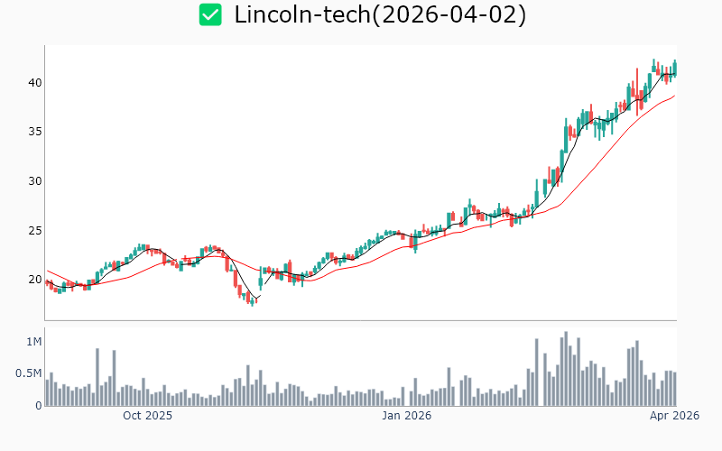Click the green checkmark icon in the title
pos(210,14)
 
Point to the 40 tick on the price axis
pos(35,83)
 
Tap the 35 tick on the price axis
pos(35,132)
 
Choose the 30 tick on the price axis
pos(35,181)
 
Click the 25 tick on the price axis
pos(35,230)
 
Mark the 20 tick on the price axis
pos(35,280)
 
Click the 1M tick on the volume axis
pos(34,342)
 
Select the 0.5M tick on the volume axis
pos(29,373)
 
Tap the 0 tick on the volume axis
pos(39,406)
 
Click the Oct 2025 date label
pos(147,416)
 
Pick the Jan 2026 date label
pos(406,416)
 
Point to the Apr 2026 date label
pos(674,416)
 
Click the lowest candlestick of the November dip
pos(252,300)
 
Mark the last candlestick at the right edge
pos(674,68)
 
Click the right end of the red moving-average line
pos(674,96)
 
